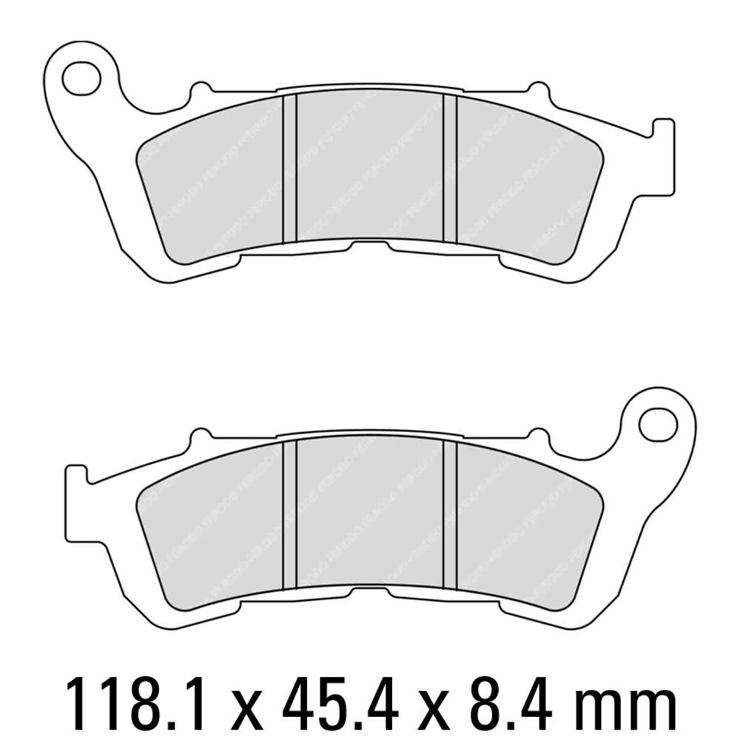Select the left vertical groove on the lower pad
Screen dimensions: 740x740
point(290,516)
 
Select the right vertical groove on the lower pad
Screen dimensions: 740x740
point(450,516)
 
